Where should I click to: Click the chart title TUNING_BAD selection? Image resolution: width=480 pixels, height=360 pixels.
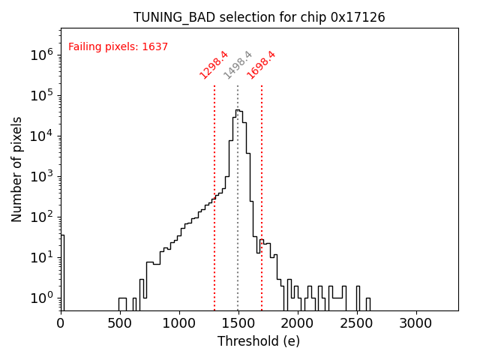(259, 17)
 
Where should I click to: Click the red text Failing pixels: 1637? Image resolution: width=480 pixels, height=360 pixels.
(118, 46)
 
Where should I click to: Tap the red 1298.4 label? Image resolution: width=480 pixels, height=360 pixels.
(214, 64)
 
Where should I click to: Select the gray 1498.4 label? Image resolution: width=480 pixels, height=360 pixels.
(238, 65)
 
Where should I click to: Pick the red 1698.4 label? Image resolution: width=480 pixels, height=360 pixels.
(262, 64)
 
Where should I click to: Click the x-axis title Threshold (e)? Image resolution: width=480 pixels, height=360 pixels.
(259, 341)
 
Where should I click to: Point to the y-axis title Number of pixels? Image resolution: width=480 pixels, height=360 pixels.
(17, 169)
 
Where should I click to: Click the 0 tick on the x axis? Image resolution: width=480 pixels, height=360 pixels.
(61, 322)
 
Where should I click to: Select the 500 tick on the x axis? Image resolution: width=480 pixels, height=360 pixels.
(120, 322)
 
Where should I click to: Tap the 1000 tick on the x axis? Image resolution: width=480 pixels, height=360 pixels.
(179, 322)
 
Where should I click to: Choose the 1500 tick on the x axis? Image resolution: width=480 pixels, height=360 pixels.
(238, 322)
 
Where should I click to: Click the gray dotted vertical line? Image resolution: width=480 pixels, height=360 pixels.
(238, 225)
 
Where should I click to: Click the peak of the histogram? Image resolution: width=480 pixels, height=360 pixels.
(237, 110)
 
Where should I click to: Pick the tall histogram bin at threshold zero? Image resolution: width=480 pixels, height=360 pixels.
(62, 270)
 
